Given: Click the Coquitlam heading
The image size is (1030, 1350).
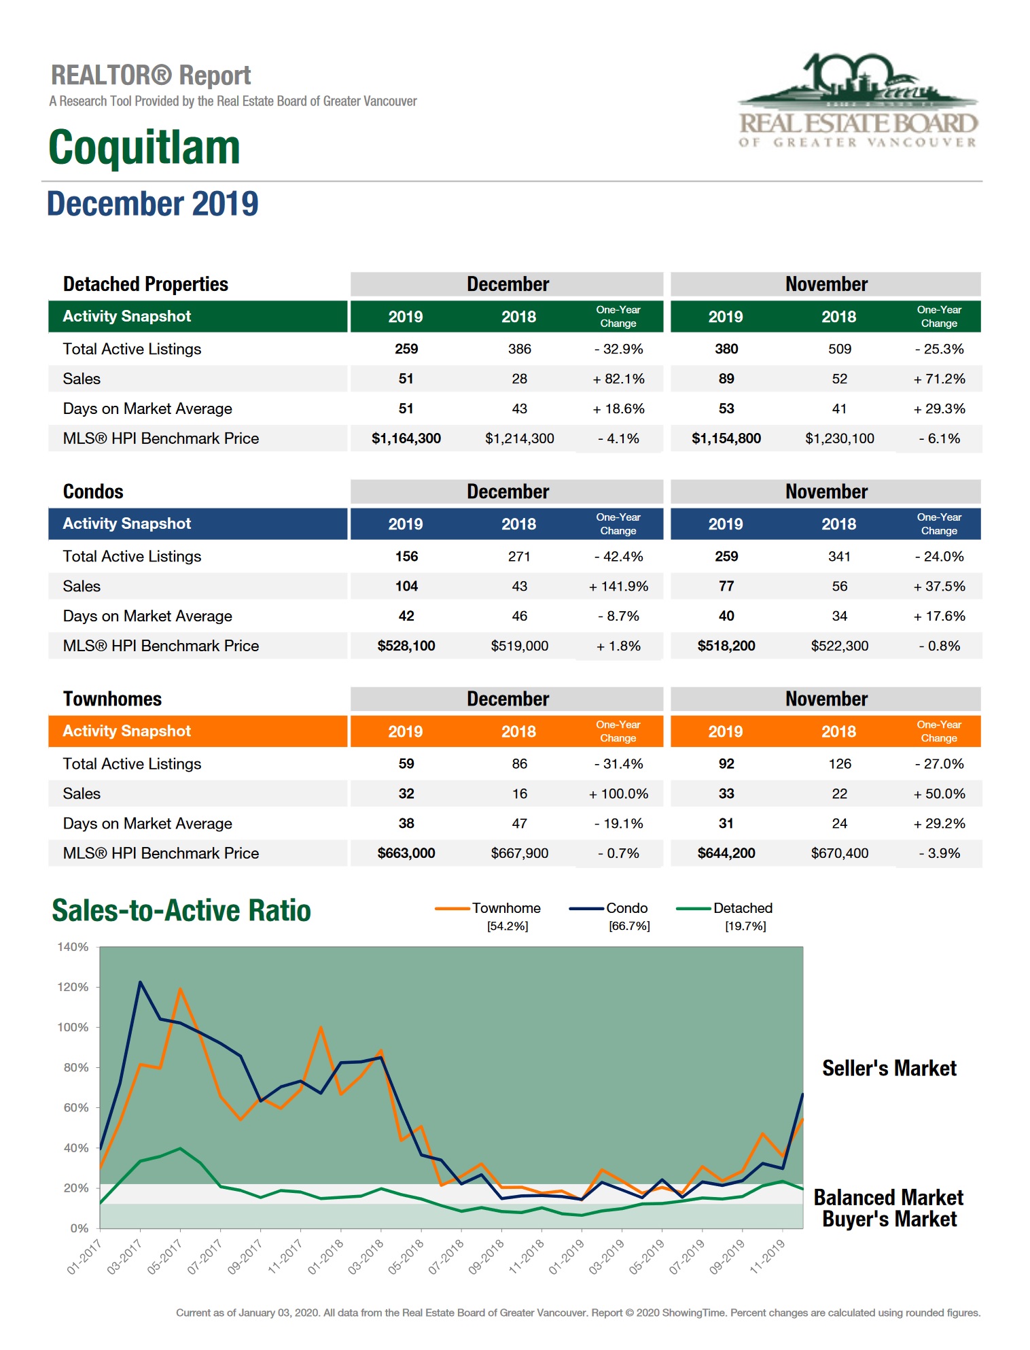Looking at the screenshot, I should [144, 148].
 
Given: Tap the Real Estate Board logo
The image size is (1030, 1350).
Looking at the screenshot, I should [857, 101].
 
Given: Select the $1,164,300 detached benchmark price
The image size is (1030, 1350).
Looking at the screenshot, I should [406, 438].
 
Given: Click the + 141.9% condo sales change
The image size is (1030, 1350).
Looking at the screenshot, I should [618, 586].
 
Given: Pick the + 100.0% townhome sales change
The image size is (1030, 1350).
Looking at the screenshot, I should [618, 793].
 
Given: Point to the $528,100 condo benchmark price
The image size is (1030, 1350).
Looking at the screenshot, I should [406, 646].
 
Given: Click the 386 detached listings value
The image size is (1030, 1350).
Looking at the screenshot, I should [519, 349].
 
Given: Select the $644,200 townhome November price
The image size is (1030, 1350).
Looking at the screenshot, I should [726, 853].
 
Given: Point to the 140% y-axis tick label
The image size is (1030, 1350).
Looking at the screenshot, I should [73, 947].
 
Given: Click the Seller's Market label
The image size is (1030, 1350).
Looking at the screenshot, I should [889, 1069].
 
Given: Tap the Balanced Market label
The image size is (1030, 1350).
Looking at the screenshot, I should [888, 1197].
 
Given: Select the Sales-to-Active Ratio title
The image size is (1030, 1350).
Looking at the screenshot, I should [181, 911].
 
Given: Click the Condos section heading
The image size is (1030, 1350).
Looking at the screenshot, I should [93, 491].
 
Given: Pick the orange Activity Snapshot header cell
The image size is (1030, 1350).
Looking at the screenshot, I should [197, 731].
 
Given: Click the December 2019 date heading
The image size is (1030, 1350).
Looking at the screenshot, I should [152, 204].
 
